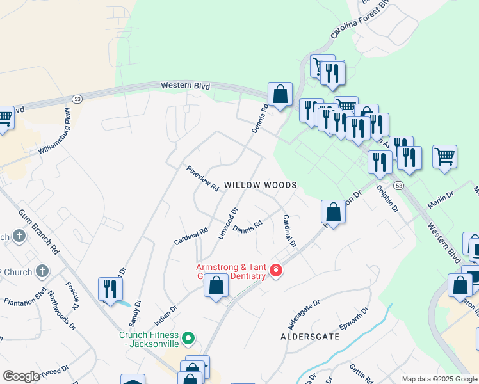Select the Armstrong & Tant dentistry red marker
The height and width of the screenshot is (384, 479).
(x=276, y=271)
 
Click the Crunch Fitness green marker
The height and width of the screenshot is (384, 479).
(x=188, y=337)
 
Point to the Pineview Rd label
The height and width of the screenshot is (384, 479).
(x=203, y=179)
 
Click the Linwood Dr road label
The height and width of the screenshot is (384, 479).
(x=227, y=223)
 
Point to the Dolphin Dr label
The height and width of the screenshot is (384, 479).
(x=387, y=199)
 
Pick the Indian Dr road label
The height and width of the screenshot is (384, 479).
(x=165, y=315)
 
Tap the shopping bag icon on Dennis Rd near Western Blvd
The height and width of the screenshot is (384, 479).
(x=280, y=94)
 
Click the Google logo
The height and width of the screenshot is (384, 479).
(x=21, y=377)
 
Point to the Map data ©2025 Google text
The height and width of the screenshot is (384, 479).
(x=439, y=379)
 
